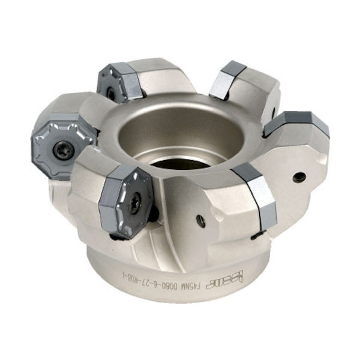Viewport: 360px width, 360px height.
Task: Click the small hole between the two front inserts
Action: tap(202, 221)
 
